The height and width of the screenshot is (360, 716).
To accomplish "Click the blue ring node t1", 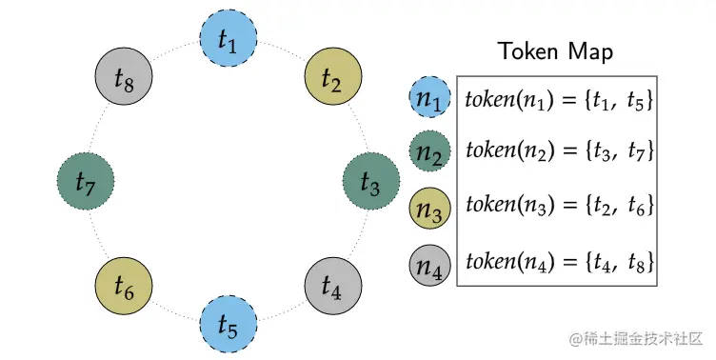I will point(228,39).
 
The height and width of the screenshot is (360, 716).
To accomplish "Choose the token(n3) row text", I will point(558,207).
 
